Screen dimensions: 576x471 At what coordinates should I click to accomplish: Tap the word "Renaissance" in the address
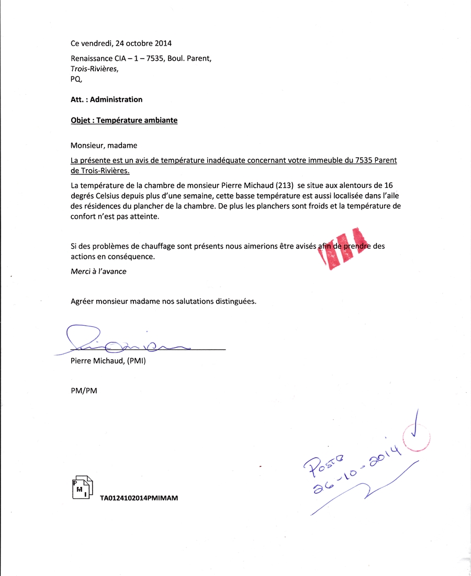coord(91,59)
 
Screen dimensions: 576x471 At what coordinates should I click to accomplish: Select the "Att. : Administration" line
coord(106,99)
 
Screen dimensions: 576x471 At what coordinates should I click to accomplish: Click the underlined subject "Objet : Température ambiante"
coord(124,120)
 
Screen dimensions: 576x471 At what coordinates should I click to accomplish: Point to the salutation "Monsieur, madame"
coord(104,145)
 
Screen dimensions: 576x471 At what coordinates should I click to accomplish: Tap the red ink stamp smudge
coord(343,249)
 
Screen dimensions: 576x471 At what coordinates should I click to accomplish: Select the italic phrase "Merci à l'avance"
coord(98,271)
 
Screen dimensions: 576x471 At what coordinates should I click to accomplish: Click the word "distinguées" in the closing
coord(235,301)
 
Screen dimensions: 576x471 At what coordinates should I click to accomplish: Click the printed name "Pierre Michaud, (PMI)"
coord(108,361)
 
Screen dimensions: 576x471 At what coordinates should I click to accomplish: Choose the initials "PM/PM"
coord(84,391)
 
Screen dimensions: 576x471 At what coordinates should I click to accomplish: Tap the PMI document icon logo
coord(82,488)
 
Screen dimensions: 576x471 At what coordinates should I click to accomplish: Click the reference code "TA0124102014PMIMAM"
coord(139,499)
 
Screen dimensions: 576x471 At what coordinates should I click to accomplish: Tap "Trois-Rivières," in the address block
coord(95,69)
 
